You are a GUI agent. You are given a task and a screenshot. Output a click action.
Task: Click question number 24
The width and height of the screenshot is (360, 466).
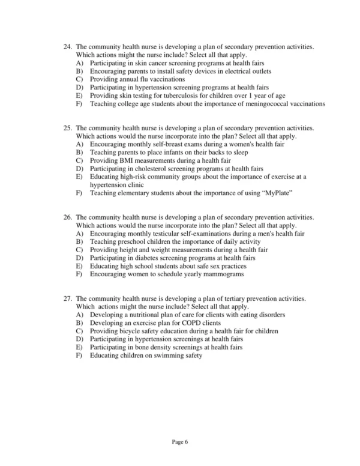pyautogui.click(x=67, y=46)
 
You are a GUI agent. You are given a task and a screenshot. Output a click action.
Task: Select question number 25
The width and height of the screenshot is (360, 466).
pyautogui.click(x=67, y=128)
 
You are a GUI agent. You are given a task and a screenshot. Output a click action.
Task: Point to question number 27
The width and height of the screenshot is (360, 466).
pyautogui.click(x=67, y=298)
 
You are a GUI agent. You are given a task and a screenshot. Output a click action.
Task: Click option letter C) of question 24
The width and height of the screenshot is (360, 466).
pyautogui.click(x=79, y=79)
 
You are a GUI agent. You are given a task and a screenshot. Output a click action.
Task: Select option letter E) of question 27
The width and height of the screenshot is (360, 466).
pyautogui.click(x=79, y=347)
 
